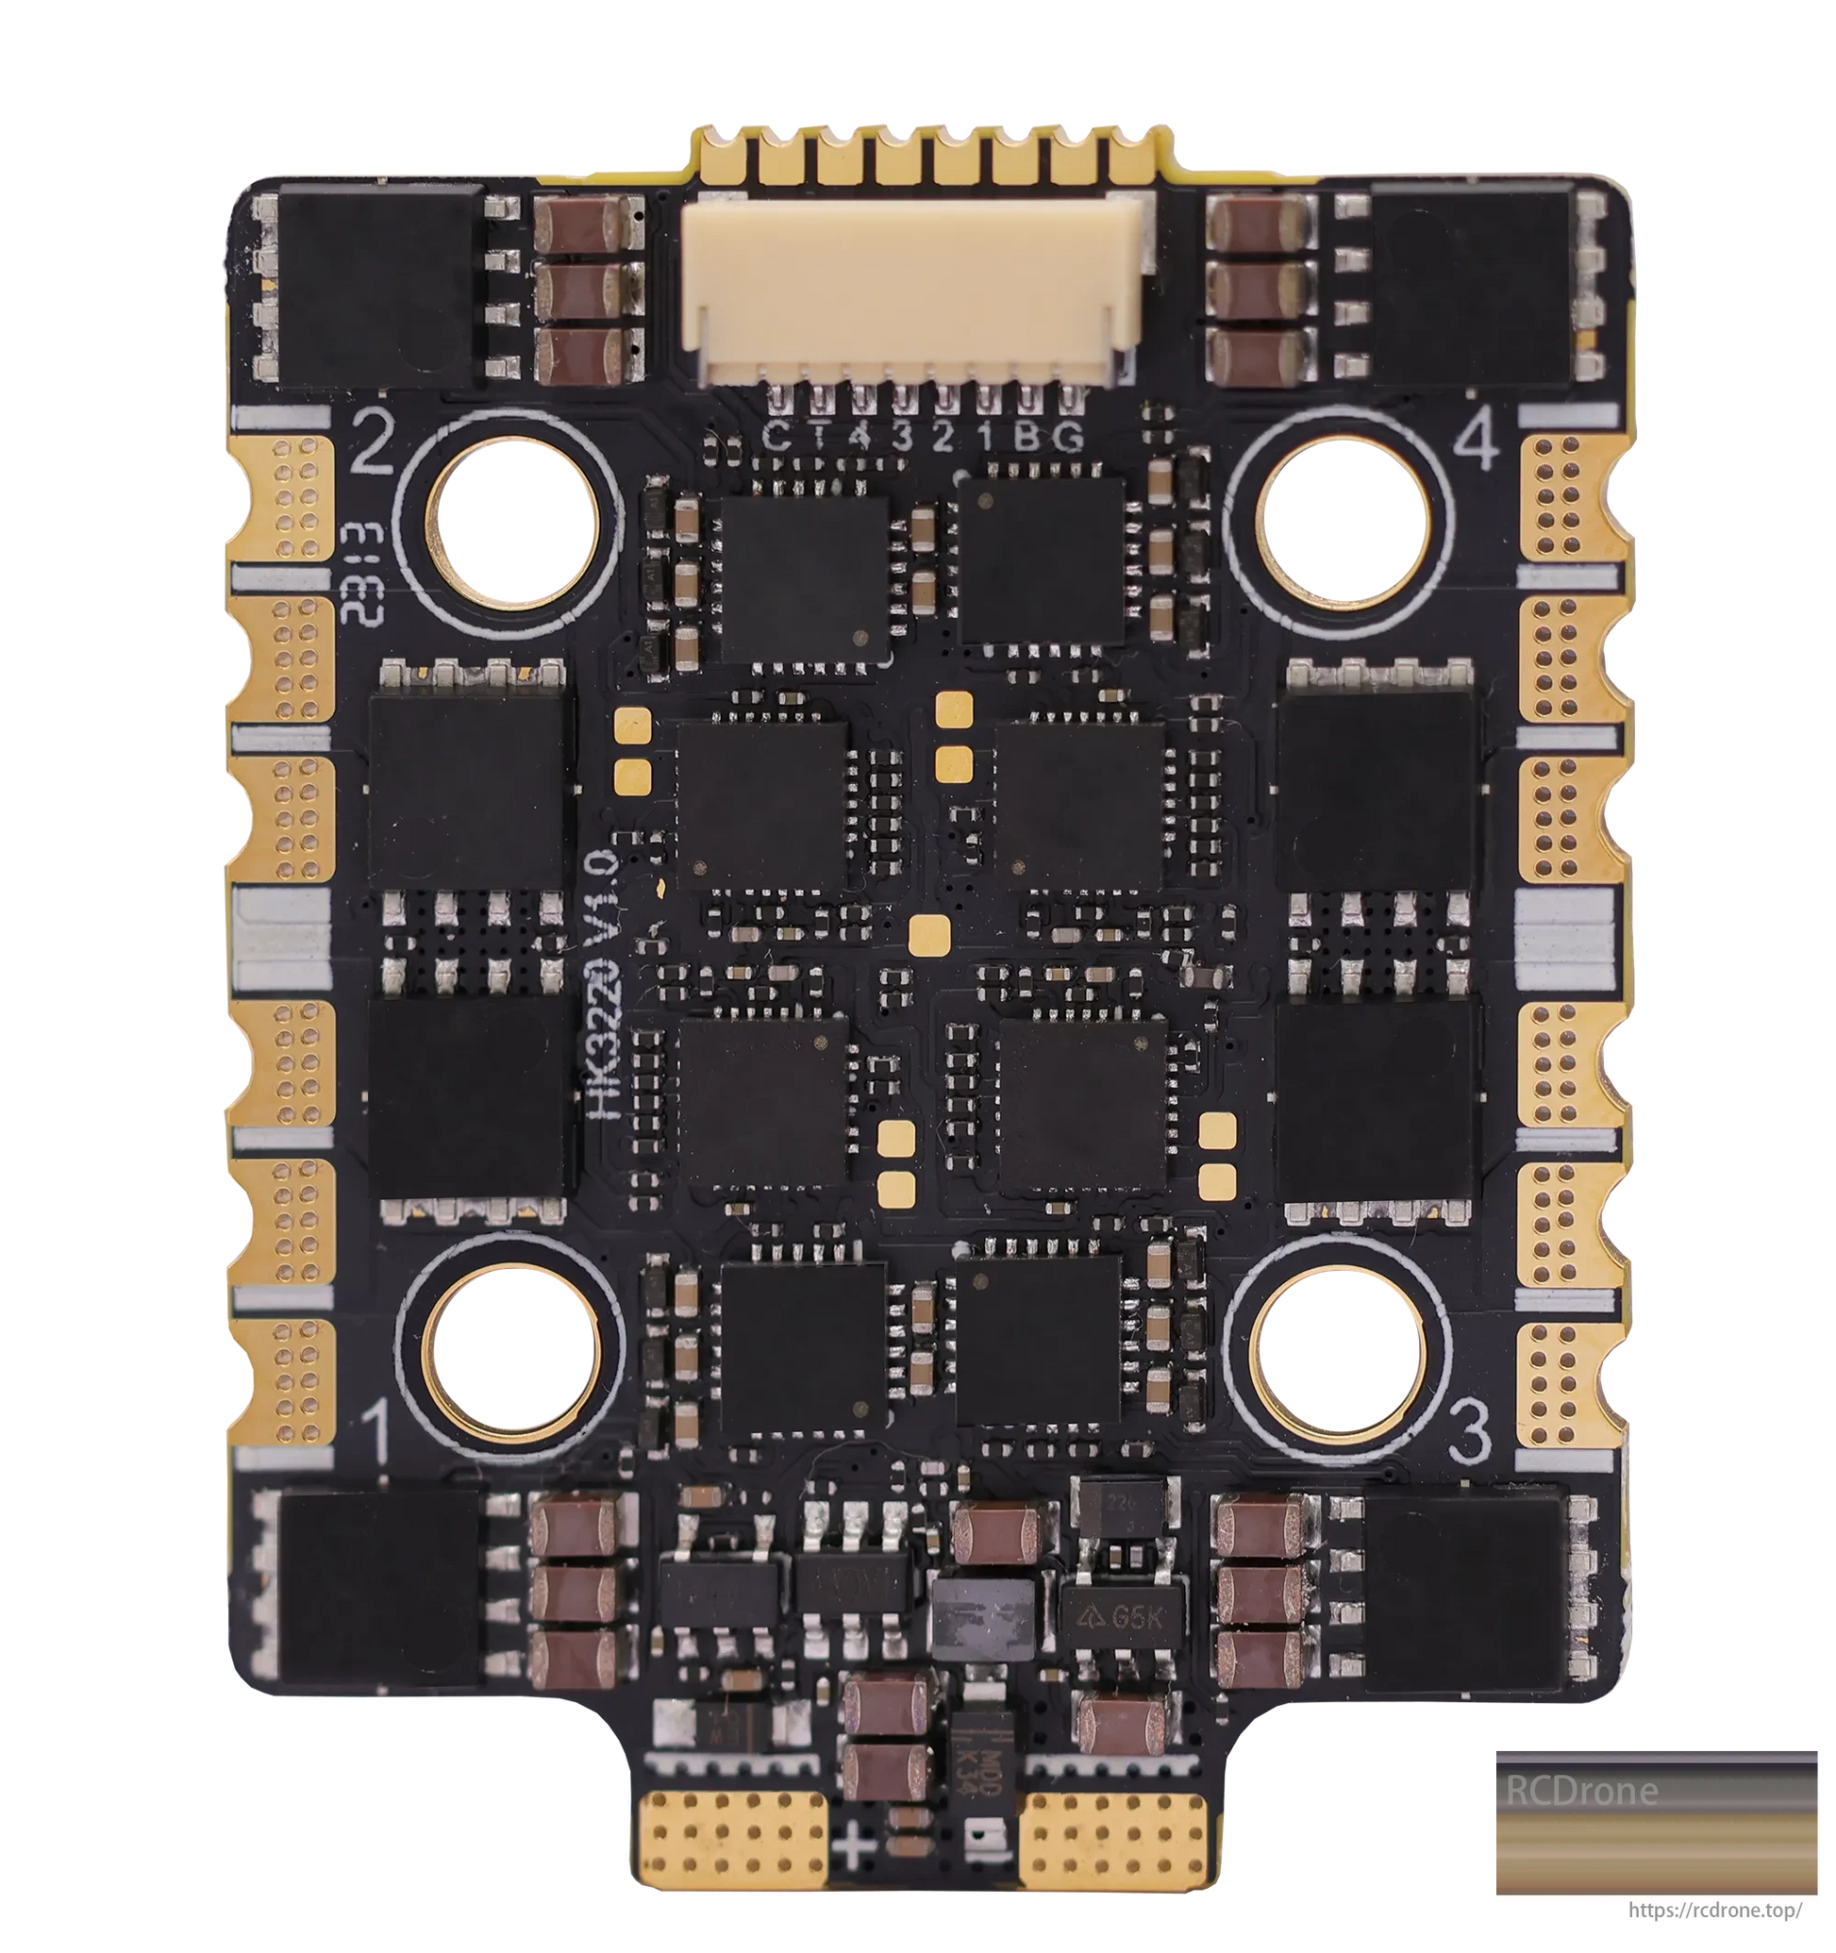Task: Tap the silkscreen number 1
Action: (377, 1433)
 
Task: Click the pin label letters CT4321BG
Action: (924, 438)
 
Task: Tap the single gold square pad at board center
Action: (929, 935)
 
